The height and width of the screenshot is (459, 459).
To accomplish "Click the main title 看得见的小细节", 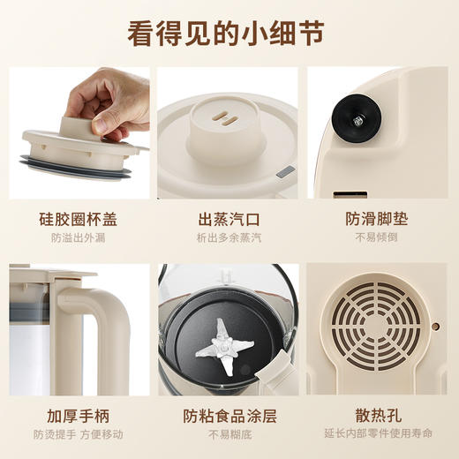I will click(229, 34).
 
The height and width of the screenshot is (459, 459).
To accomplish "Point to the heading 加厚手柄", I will click(79, 415).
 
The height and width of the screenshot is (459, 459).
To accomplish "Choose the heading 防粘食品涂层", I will click(229, 415).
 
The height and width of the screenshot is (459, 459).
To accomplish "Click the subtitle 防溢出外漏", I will click(79, 238).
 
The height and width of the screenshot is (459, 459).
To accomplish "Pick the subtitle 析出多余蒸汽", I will click(229, 238).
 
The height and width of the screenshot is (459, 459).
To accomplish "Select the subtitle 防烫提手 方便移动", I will click(79, 434).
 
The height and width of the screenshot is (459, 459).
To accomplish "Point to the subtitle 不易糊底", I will click(229, 434).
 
